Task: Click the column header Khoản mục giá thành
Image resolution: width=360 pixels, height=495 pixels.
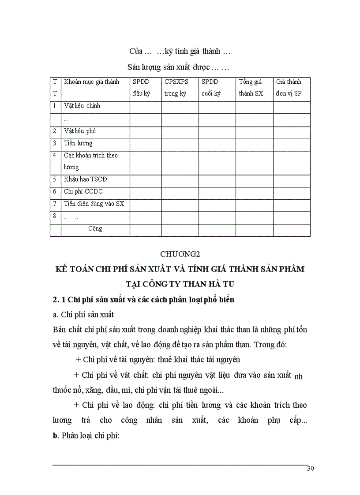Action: [x=91, y=82]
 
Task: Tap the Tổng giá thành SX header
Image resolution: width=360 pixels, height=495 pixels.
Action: [x=250, y=88]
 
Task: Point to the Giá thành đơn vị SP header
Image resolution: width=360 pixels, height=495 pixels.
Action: [x=289, y=88]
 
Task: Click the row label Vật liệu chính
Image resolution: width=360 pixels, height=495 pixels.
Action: [x=82, y=106]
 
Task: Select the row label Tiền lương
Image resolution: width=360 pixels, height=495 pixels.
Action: [x=78, y=143]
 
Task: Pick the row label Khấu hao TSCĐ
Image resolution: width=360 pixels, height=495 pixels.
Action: [x=85, y=179]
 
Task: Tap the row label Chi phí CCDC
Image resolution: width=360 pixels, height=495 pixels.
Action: [x=83, y=192]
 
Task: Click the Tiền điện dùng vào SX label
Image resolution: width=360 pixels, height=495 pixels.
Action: [x=94, y=204]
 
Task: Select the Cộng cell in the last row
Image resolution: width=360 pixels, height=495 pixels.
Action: [x=95, y=229]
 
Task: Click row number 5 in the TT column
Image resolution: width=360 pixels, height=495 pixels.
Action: [x=54, y=179]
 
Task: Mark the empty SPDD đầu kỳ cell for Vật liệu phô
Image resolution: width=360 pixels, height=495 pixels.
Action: [x=145, y=131]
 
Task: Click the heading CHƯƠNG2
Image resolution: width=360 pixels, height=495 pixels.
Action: [x=180, y=254]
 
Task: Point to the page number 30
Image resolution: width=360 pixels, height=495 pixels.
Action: [x=310, y=469]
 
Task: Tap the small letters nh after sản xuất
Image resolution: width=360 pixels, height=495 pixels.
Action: [x=298, y=376]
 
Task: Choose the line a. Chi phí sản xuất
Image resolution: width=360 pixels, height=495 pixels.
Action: [x=83, y=314]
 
